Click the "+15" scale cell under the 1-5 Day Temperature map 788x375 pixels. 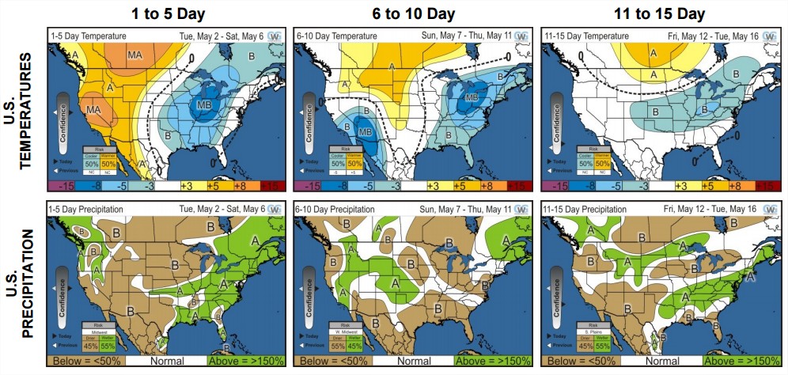tap(271, 185)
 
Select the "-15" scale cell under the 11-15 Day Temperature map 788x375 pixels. tap(556, 185)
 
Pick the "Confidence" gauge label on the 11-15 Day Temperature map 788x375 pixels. tap(553, 119)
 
